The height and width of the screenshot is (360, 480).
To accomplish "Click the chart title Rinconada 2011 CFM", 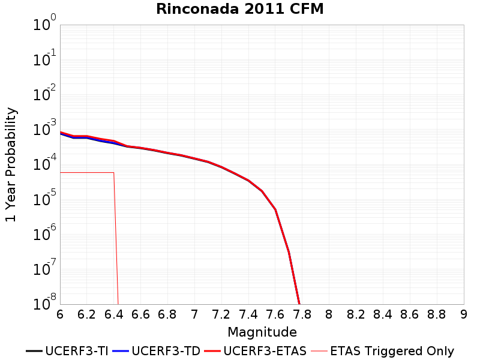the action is (239, 8).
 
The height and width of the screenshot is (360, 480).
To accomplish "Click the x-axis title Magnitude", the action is (262, 332).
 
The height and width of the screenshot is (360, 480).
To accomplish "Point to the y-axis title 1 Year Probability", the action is (11, 164).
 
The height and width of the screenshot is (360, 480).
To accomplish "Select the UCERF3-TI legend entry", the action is (67, 351).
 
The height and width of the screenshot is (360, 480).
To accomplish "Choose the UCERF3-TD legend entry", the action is (157, 351).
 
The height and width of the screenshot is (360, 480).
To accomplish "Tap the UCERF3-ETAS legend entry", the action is (256, 351).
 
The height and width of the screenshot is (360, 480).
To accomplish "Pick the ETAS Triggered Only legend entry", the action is (382, 351).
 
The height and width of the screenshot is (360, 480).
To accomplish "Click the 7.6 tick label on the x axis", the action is (275, 314).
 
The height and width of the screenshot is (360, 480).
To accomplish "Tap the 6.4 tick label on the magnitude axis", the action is (113, 314).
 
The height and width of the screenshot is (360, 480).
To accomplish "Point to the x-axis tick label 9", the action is (464, 314).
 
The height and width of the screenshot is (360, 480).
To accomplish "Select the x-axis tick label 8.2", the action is (356, 314).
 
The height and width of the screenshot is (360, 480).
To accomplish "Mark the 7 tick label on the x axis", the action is (194, 314).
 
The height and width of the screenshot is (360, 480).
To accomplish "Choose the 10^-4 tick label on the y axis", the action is (44, 163).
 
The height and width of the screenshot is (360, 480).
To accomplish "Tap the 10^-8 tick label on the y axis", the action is (44, 302).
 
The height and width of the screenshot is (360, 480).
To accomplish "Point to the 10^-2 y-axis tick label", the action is (44, 93).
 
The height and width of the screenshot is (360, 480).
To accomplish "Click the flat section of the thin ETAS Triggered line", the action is (87, 173).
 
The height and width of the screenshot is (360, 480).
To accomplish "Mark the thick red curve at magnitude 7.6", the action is (275, 210).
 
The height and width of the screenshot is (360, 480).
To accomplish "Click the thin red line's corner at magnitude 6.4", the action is (114, 173).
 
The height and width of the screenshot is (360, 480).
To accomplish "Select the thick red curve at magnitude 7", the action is (194, 158).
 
